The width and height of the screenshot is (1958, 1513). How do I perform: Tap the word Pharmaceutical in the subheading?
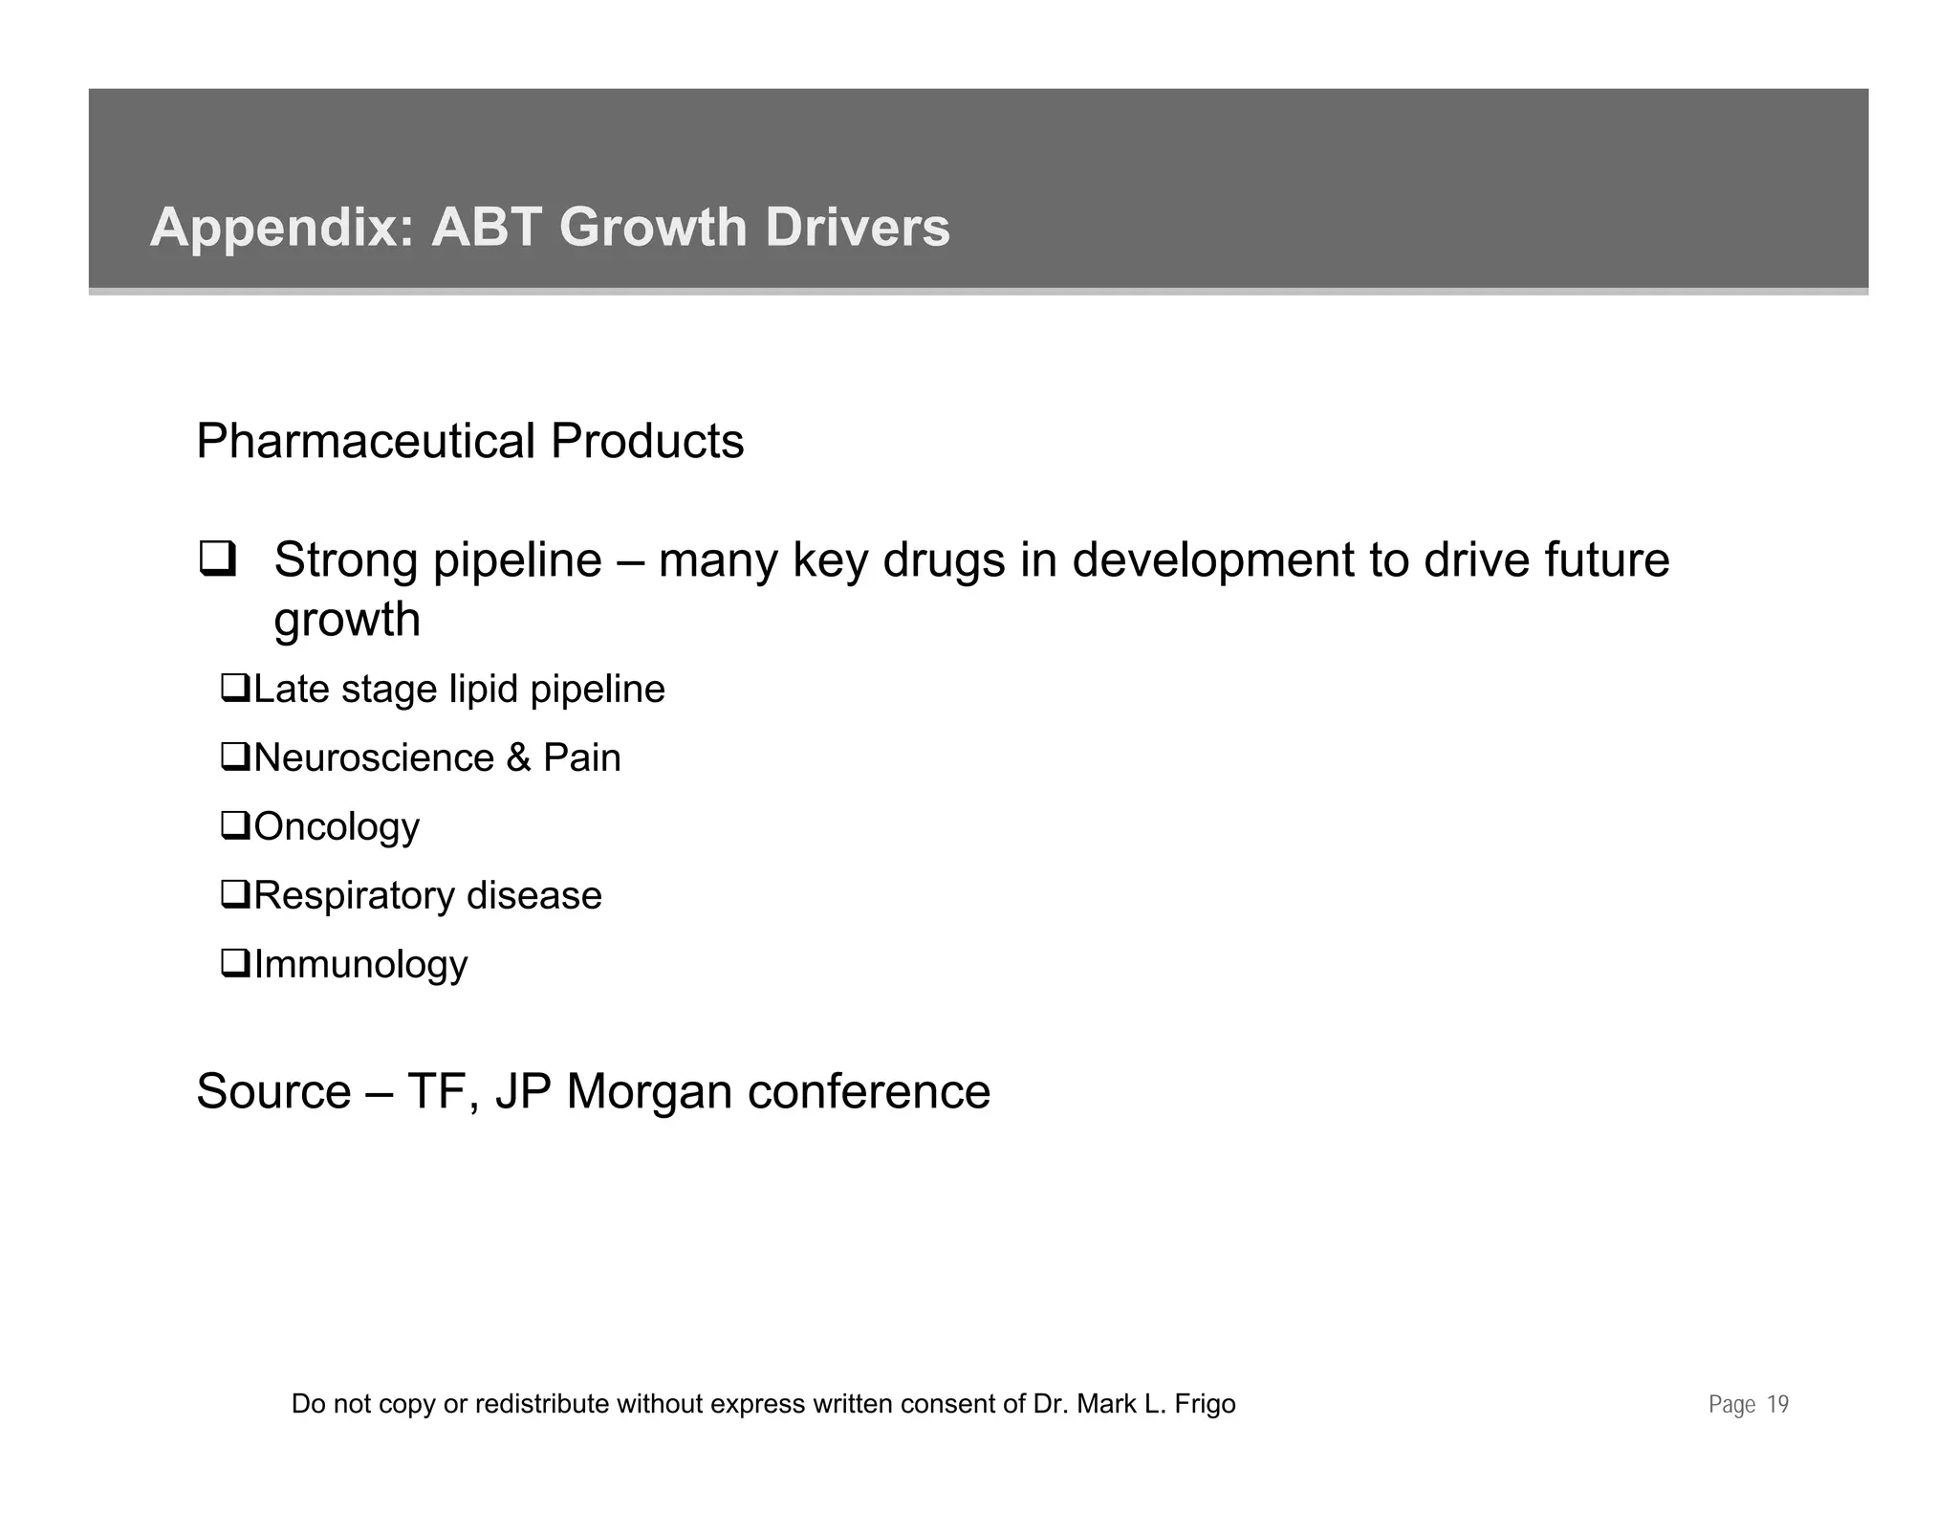click(365, 442)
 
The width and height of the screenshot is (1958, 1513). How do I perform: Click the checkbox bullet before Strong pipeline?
click(217, 559)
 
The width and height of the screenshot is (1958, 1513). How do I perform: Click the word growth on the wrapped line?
click(347, 620)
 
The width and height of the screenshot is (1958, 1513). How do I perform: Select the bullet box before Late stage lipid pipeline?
click(234, 688)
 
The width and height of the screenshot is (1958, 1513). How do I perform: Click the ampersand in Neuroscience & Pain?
click(518, 758)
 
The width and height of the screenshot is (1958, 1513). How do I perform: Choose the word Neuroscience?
click(374, 758)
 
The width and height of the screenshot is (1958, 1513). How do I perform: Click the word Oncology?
click(337, 827)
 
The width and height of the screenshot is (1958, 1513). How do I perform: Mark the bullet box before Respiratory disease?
click(234, 894)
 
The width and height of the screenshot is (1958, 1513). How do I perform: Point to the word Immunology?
click(360, 965)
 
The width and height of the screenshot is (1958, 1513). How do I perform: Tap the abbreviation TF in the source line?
click(441, 1092)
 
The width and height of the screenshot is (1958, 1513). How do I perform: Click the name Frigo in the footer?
click(1204, 1404)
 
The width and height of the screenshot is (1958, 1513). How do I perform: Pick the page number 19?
click(1777, 1405)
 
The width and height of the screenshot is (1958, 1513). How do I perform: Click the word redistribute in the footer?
click(542, 1404)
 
